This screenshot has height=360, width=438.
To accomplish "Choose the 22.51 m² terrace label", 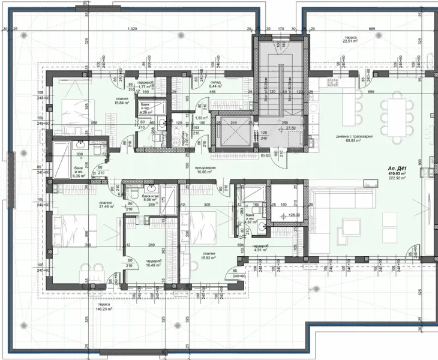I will coord(350,40).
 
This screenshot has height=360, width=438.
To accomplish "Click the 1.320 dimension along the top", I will coord(133,29).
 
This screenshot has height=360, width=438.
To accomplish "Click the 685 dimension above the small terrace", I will coord(371,29).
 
